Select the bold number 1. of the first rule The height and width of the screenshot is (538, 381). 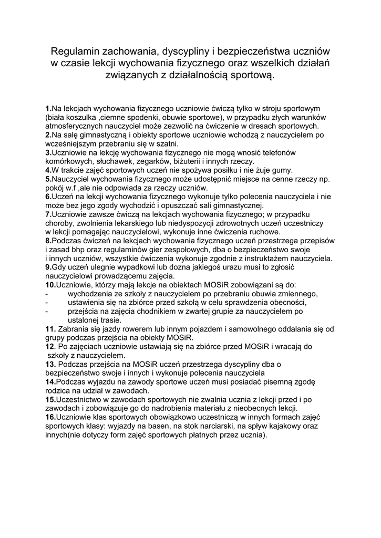click(x=48, y=108)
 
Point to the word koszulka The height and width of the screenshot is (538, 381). click(x=82, y=117)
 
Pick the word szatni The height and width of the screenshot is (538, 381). click(x=167, y=143)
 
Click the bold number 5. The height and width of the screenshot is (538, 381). click(x=48, y=179)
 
